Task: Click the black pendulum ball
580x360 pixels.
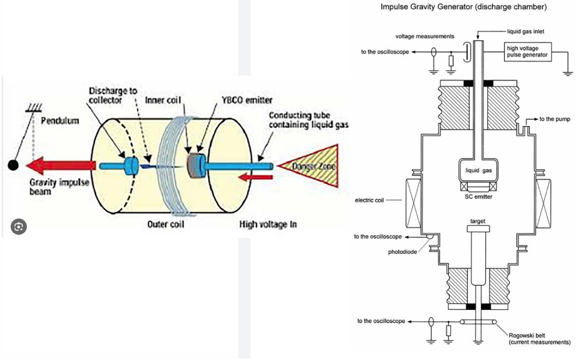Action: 13,165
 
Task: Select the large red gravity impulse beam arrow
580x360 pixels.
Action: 61,165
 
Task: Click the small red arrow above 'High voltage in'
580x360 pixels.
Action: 255,177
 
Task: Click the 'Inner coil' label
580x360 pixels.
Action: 163,100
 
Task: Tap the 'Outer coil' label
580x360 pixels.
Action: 165,224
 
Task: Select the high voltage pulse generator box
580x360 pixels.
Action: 527,52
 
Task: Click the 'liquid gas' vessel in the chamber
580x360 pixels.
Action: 478,170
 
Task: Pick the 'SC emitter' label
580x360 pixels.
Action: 478,197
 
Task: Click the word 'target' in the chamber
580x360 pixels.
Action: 478,221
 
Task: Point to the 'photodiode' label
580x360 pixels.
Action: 403,252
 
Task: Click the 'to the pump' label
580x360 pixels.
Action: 555,119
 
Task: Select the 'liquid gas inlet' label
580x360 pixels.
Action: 525,31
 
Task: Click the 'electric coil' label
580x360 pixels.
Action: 369,200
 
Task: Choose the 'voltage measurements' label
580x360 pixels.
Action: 425,37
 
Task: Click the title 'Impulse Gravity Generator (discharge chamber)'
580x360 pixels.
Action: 463,7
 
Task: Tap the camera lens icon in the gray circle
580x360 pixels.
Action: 18,227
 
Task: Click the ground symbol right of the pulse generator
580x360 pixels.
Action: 568,73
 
